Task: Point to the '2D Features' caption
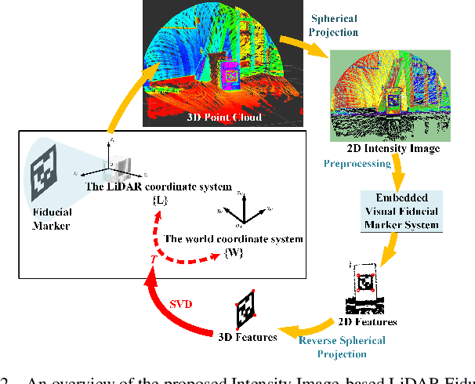point(368,321)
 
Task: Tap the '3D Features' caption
point(247,337)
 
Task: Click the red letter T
point(153,259)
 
